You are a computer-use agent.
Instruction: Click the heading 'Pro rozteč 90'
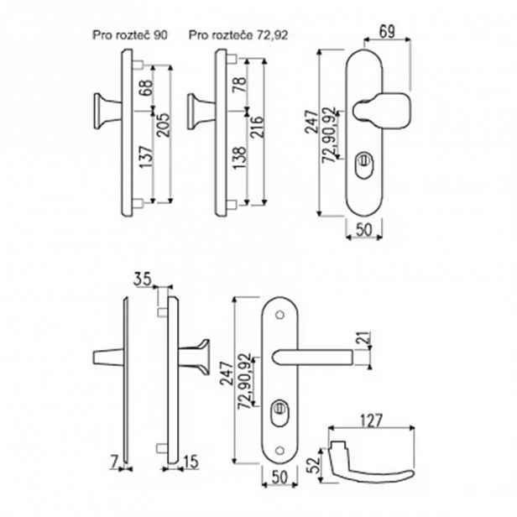click(x=130, y=35)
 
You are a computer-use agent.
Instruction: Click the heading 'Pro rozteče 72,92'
click(x=238, y=35)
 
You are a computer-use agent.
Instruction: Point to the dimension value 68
click(x=146, y=87)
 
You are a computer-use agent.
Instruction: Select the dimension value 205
click(x=163, y=125)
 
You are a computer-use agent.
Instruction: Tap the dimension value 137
click(x=146, y=157)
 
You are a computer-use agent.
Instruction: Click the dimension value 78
click(x=240, y=85)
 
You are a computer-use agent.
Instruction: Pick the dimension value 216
click(x=257, y=127)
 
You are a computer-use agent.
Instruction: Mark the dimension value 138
click(x=240, y=158)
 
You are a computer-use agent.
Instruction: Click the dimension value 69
click(x=387, y=32)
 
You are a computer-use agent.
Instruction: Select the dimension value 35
click(x=143, y=279)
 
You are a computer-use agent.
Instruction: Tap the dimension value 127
click(x=371, y=420)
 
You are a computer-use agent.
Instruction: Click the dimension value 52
click(x=313, y=465)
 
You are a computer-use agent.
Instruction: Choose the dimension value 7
click(x=114, y=462)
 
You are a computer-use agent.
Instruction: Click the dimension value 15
click(x=191, y=462)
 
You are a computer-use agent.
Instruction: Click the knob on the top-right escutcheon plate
click(x=382, y=111)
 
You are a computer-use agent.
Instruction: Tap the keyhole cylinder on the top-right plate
click(x=364, y=164)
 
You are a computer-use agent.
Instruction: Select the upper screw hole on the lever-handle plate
click(x=280, y=315)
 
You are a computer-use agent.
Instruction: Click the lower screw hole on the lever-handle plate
click(x=280, y=451)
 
